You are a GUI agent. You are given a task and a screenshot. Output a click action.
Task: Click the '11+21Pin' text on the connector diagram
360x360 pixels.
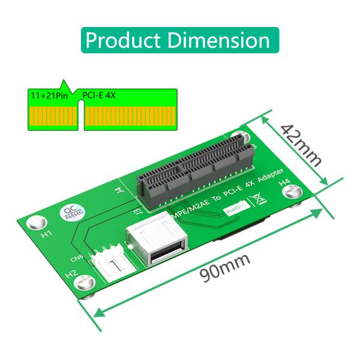click(50, 95)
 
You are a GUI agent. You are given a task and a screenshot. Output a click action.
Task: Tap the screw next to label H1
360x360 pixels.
click(40, 221)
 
